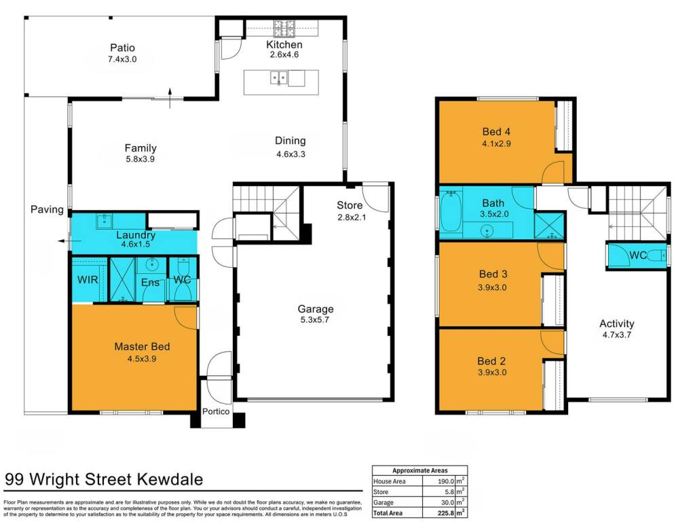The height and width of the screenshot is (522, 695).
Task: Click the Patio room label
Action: click(122, 48)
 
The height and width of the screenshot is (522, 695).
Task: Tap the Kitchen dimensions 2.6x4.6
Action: click(284, 54)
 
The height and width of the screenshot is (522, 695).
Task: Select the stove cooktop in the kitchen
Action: click(284, 29)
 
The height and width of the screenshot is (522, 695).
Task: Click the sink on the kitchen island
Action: click(279, 78)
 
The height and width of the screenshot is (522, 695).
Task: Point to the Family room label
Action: click(140, 148)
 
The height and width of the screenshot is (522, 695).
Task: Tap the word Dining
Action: click(290, 141)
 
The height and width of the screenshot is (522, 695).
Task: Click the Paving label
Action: click(47, 209)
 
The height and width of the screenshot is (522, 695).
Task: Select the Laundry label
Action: click(136, 234)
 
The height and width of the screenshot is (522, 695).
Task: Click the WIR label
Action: click(88, 279)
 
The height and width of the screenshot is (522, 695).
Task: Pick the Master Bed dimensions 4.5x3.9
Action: click(142, 359)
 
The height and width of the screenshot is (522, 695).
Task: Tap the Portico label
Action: click(216, 411)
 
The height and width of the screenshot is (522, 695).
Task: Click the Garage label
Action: click(316, 309)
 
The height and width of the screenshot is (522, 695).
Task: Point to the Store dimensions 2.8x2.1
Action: click(352, 217)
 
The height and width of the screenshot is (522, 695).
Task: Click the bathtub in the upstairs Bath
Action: click(451, 212)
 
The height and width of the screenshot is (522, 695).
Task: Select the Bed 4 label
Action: click(496, 131)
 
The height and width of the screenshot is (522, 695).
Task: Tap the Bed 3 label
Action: click(493, 274)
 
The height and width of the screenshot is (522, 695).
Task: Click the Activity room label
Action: click(616, 324)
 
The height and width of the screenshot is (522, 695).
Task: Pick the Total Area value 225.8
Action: click(445, 513)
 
